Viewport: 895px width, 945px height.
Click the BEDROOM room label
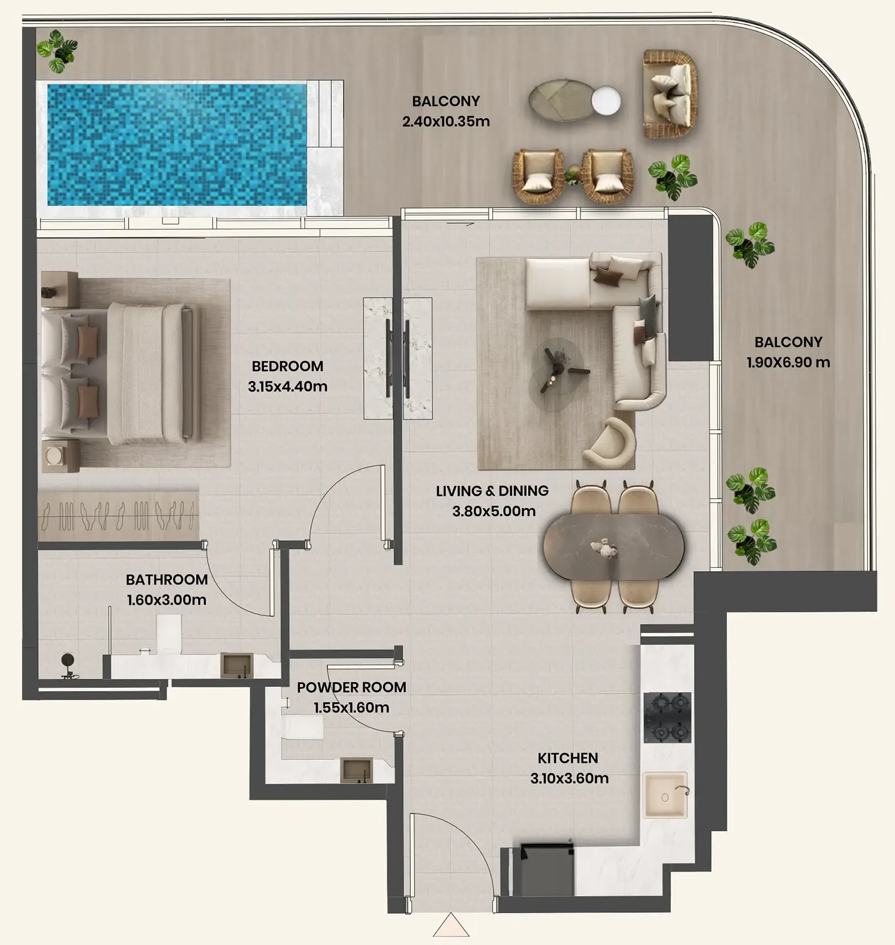(x=287, y=366)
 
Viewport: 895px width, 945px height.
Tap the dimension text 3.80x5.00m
(x=494, y=511)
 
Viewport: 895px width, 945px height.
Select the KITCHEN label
(x=568, y=758)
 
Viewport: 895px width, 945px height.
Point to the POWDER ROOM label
(x=352, y=687)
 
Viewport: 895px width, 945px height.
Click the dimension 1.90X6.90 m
(x=788, y=362)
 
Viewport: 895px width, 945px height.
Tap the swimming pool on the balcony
(x=177, y=145)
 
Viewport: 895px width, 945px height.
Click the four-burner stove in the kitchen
(x=668, y=717)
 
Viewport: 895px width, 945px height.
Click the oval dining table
(x=614, y=547)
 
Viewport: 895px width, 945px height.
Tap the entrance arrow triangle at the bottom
(x=451, y=925)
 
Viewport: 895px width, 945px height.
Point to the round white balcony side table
(x=606, y=101)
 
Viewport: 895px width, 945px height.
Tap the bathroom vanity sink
(x=237, y=665)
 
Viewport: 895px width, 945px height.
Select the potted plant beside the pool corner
(x=57, y=51)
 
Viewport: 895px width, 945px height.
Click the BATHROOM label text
(x=167, y=579)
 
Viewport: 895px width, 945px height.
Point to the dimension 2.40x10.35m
(x=446, y=122)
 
